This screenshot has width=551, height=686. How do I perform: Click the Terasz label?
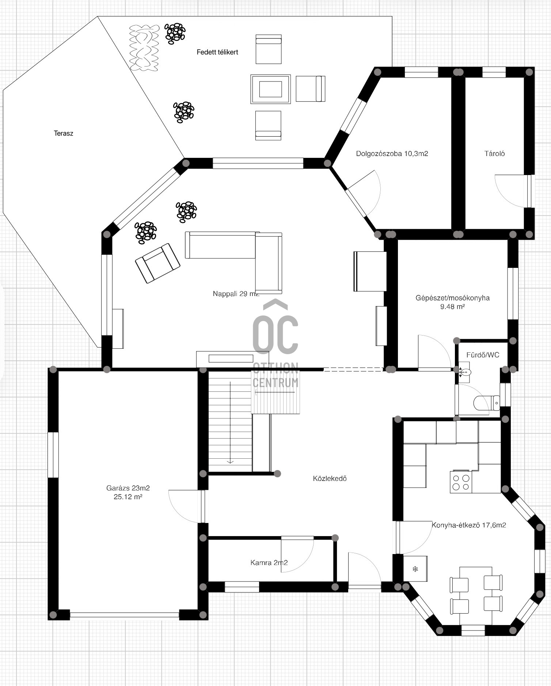coord(64,133)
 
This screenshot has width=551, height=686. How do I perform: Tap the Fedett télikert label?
coord(217,52)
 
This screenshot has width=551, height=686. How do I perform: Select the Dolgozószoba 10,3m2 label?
coord(392,154)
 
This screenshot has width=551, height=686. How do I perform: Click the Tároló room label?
coord(494,154)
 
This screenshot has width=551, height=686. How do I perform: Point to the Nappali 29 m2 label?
coord(236,293)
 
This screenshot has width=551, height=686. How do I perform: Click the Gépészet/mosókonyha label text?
coord(452,298)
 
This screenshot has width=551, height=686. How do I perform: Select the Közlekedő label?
coord(330,478)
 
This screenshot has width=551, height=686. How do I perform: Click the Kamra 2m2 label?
coord(269,562)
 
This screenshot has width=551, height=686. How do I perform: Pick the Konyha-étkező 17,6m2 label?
coord(469,525)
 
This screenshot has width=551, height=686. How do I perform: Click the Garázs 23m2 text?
coord(128,488)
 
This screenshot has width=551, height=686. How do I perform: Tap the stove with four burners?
coord(461,482)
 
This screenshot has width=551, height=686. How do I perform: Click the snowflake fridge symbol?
coord(415,569)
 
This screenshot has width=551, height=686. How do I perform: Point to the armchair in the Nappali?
coord(157,263)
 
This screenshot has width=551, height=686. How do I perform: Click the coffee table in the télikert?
coord(270,89)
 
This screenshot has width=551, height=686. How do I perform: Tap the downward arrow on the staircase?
coord(230,422)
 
